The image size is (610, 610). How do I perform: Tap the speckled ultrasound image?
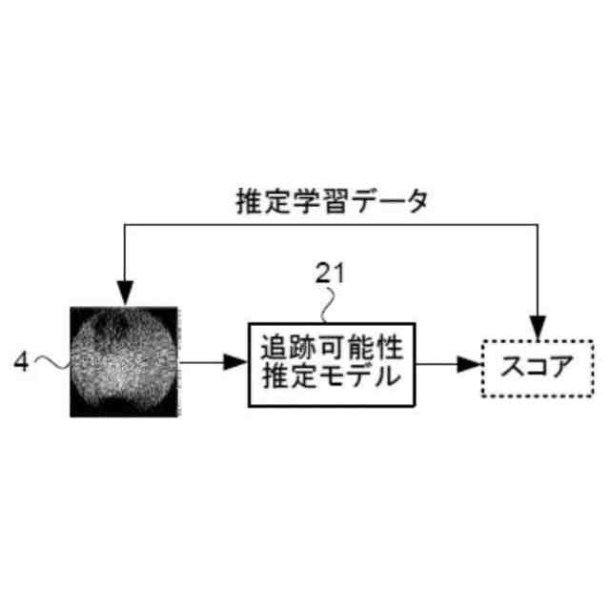click(124, 361)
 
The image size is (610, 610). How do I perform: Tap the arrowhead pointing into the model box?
click(234, 362)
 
